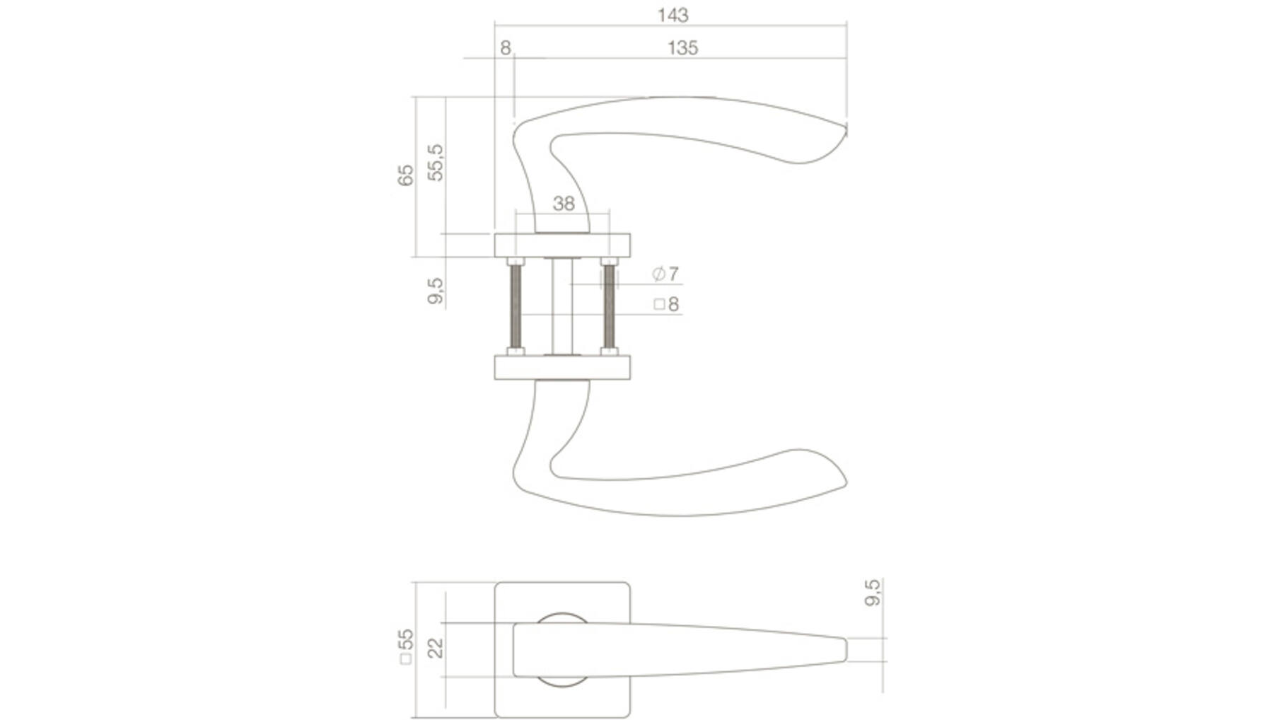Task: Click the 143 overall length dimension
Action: (673, 15)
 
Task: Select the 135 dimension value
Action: (682, 48)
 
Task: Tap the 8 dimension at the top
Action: (505, 48)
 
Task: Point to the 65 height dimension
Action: (405, 175)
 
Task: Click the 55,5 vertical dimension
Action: (436, 163)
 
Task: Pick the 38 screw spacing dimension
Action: (564, 204)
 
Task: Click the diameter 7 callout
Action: (665, 274)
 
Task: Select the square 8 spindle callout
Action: (666, 304)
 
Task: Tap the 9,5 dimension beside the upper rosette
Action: (436, 291)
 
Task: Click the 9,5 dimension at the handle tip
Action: (873, 592)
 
